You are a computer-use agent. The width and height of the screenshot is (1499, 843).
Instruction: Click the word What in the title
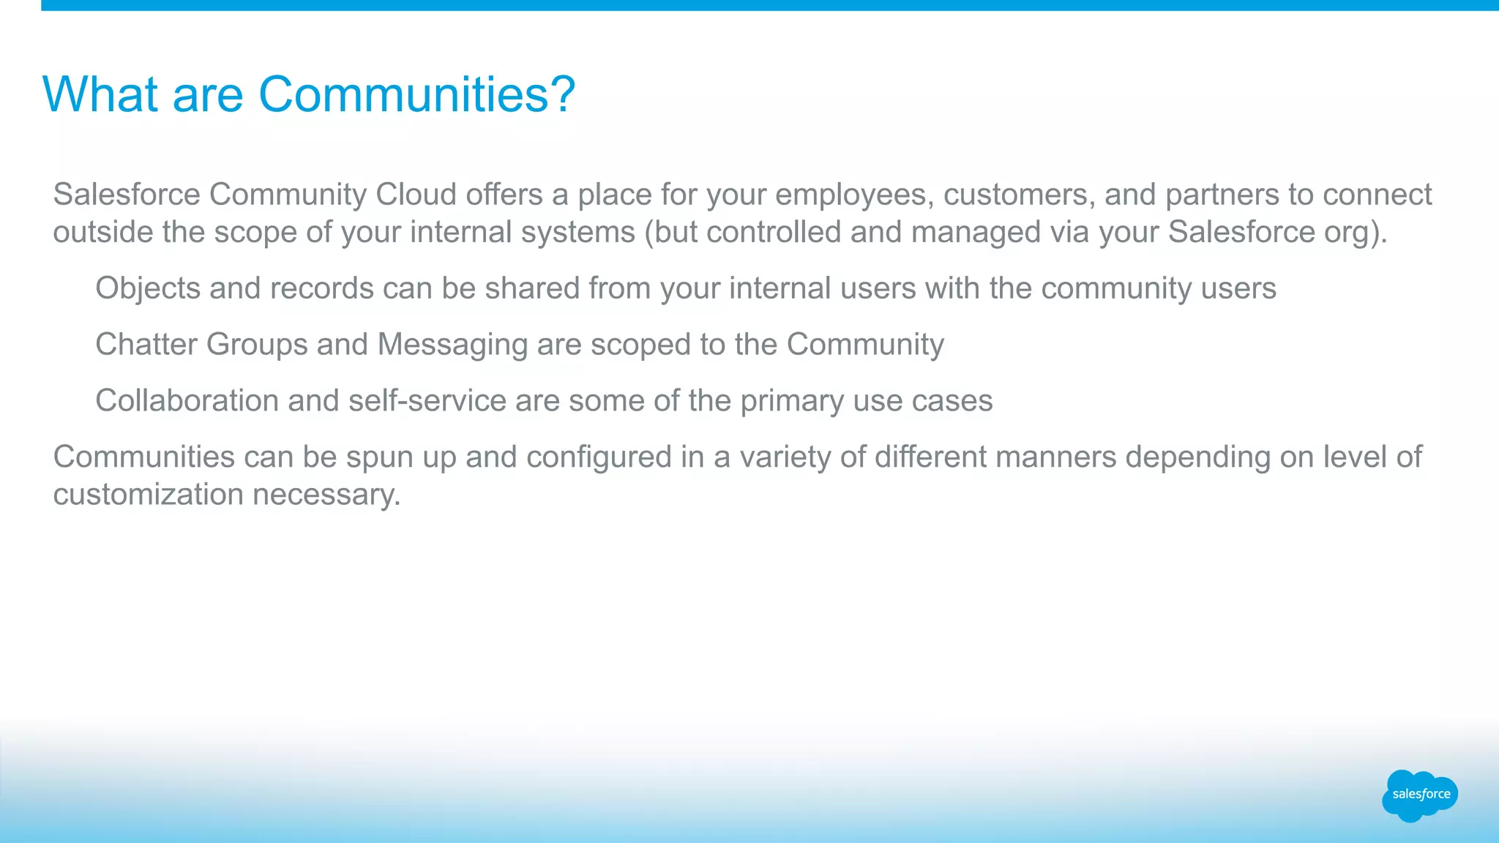(100, 94)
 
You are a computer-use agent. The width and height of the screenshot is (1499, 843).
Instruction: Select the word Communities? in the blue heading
(417, 94)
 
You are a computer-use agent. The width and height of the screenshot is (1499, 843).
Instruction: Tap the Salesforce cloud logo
(1420, 795)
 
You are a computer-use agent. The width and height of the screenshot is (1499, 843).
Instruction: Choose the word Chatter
(146, 345)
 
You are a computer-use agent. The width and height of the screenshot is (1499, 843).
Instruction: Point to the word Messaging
(452, 345)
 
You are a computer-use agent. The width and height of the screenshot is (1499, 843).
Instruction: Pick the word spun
(380, 458)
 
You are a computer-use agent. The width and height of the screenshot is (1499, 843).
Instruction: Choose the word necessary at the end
(326, 495)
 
